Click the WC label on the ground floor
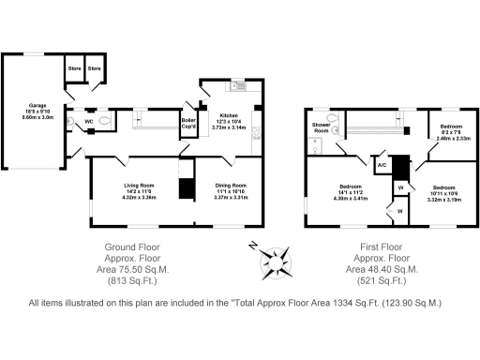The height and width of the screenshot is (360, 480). [89, 122]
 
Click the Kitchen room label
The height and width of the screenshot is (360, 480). [229, 114]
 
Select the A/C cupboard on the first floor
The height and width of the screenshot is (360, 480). [382, 166]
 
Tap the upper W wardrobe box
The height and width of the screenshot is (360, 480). [400, 188]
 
